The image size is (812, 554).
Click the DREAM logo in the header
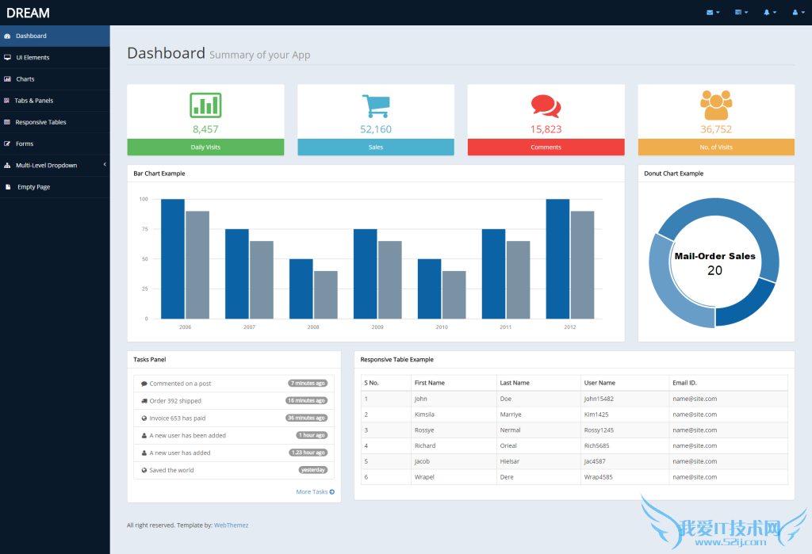(29, 13)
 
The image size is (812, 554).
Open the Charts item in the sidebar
(25, 79)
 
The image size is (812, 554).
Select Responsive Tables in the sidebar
(40, 122)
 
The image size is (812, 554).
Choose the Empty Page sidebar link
(33, 187)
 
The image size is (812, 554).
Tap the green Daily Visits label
(205, 147)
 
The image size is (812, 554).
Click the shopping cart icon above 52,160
(376, 106)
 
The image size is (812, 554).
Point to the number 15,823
(546, 129)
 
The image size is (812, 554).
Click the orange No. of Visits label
(716, 147)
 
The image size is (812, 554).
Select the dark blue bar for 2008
(301, 288)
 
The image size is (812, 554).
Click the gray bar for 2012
(582, 265)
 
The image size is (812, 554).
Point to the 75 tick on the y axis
(144, 229)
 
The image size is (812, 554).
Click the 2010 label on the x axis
(442, 327)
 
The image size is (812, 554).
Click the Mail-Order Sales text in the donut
(714, 256)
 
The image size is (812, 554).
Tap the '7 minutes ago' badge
(308, 384)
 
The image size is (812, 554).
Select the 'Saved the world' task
(171, 470)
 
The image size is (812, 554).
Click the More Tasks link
(315, 492)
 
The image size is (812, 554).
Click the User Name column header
(599, 383)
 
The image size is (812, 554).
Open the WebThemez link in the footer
(231, 525)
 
